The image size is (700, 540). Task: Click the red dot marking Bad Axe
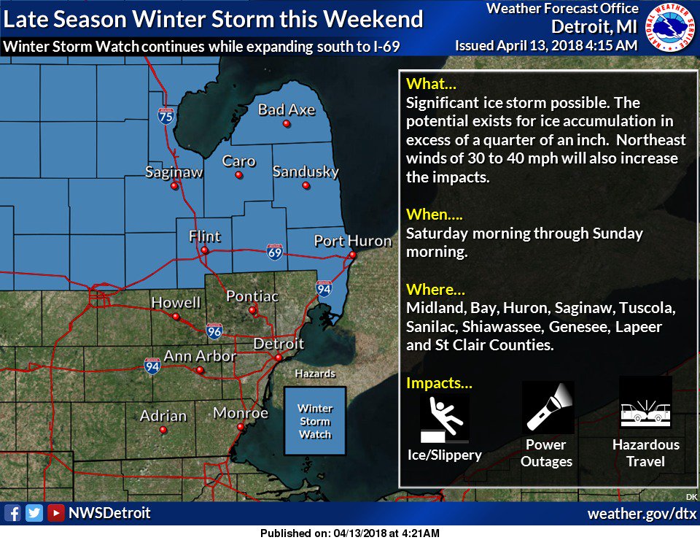[287, 124]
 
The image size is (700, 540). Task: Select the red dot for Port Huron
[352, 255]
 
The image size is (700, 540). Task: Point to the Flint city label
[204, 236]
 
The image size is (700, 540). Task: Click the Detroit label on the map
[279, 343]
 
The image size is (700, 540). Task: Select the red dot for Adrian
[163, 430]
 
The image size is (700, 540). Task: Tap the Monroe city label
[241, 413]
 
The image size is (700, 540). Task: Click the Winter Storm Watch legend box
[315, 422]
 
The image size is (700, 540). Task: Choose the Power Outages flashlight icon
[548, 407]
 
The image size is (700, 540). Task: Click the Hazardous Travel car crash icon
[645, 404]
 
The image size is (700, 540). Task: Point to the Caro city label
[239, 161]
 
